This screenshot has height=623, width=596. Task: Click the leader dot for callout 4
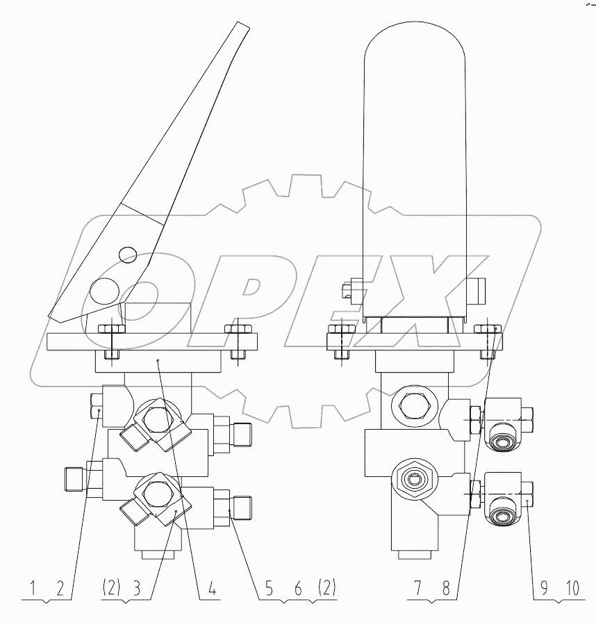click(x=159, y=361)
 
